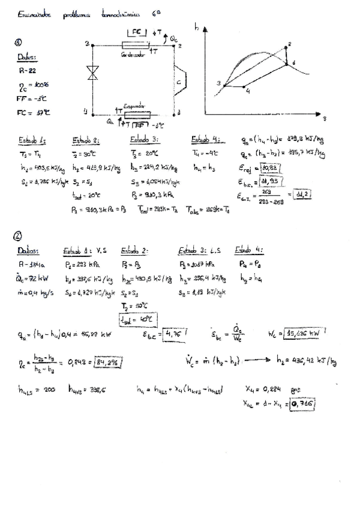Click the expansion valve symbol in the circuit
pyautogui.click(x=92, y=74)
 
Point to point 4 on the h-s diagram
pyautogui.click(x=248, y=89)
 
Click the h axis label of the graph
pyautogui.click(x=197, y=26)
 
